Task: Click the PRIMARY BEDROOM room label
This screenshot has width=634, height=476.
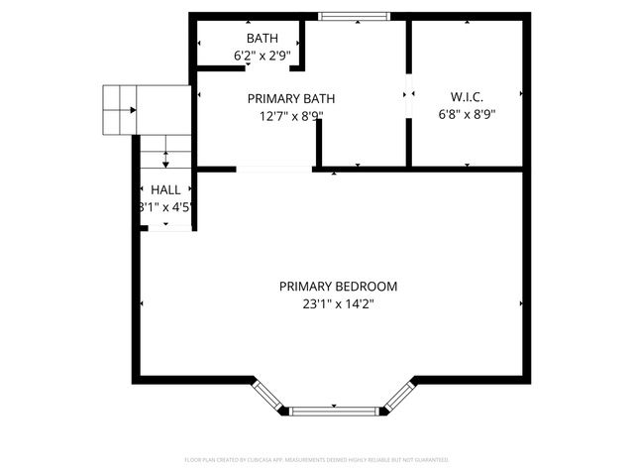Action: click(x=338, y=287)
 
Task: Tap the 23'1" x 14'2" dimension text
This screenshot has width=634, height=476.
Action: click(x=338, y=305)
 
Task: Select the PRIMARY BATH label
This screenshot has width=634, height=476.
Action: click(x=290, y=98)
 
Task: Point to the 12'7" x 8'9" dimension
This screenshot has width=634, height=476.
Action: click(x=290, y=116)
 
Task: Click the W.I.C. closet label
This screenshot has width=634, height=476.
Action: click(x=467, y=96)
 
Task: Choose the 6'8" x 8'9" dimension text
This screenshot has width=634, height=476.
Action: click(x=467, y=114)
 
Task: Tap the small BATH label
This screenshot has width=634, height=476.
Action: click(x=249, y=39)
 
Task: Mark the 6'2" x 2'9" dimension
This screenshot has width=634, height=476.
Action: click(x=249, y=57)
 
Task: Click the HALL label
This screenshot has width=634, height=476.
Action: click(x=165, y=189)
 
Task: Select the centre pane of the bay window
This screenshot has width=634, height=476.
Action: click(x=333, y=409)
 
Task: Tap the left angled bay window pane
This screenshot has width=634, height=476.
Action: click(x=269, y=396)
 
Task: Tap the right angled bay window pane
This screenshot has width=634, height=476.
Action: click(x=397, y=396)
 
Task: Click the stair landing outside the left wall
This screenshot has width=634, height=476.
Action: click(x=121, y=109)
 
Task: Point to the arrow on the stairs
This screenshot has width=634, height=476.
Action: click(x=164, y=159)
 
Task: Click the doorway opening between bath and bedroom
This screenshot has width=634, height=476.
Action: click(x=273, y=171)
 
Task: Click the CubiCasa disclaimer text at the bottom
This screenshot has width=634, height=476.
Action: click(x=317, y=460)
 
